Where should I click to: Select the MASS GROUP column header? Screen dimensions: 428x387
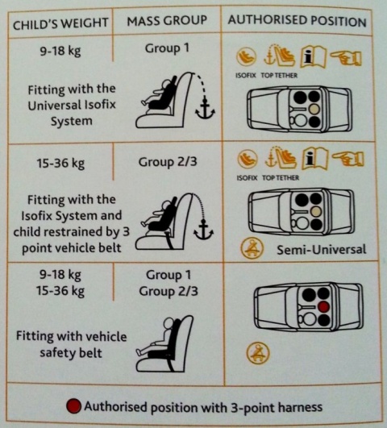tap(167, 20)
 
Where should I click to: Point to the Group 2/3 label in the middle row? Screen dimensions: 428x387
tap(167, 160)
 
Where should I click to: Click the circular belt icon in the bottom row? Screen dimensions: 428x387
tap(260, 352)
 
